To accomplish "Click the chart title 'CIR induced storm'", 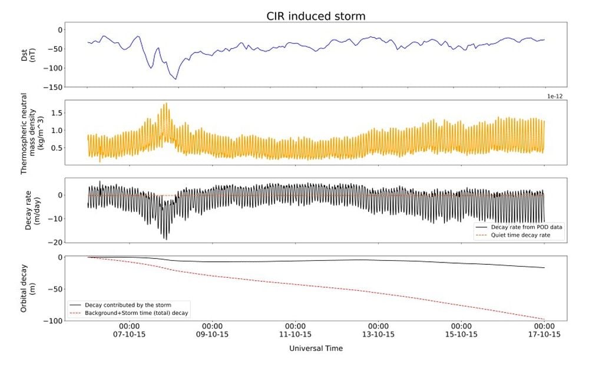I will pos(315,15).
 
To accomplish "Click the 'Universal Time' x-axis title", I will pos(316,348).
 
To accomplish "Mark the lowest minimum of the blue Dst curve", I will pos(175,79).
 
